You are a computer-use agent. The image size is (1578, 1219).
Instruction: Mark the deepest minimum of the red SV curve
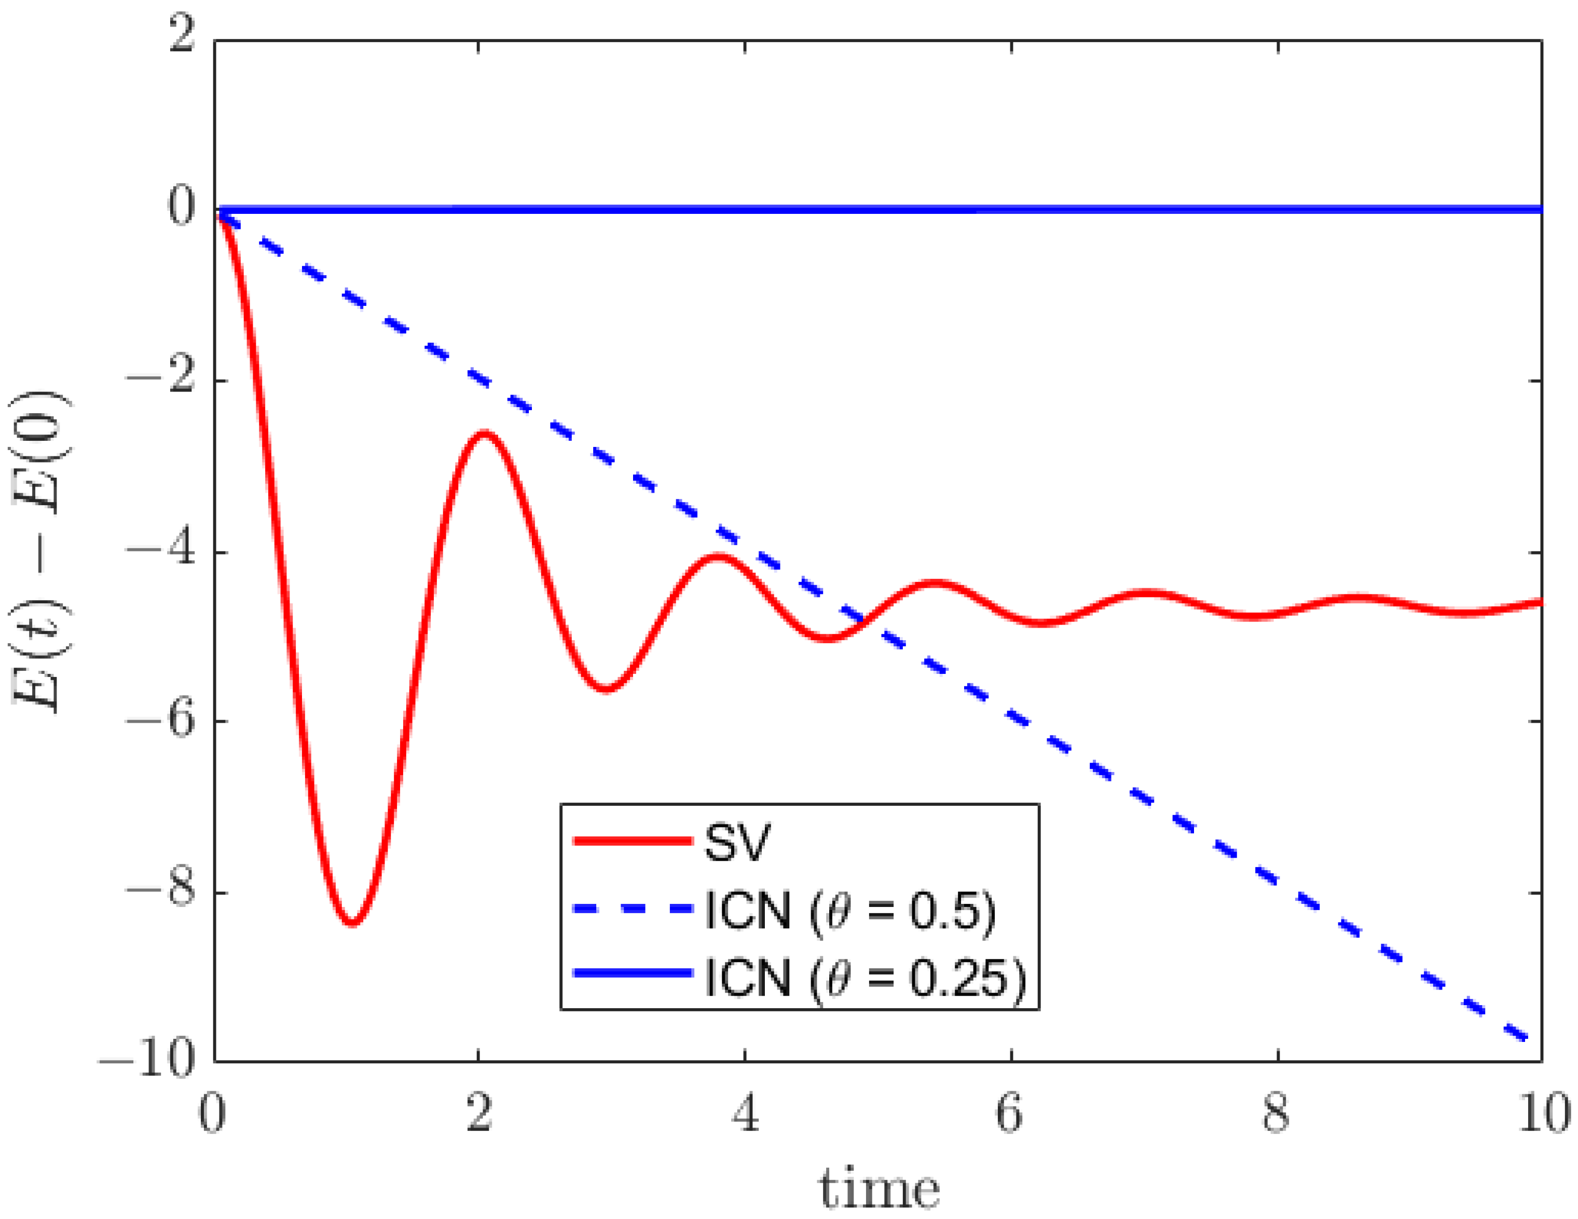352,923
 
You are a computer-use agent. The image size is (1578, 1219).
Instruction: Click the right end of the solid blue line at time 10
1539,210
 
